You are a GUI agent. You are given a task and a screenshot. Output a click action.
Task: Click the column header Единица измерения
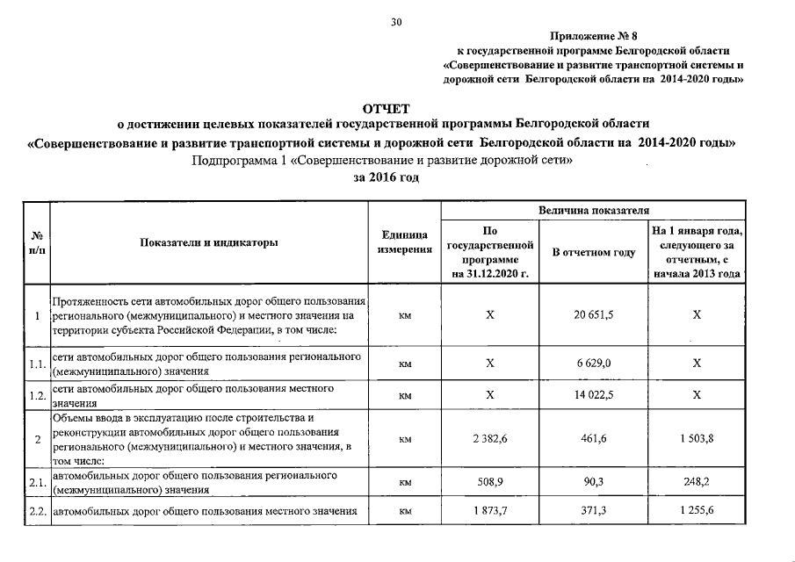405,243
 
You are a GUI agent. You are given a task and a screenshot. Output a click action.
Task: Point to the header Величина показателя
594,211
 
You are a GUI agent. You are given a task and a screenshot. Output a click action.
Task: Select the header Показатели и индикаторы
209,243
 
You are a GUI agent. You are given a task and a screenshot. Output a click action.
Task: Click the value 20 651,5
593,314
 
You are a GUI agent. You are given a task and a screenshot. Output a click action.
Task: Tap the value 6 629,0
593,364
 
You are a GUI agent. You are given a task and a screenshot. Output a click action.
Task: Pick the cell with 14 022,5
593,395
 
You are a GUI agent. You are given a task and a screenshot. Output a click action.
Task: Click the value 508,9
490,482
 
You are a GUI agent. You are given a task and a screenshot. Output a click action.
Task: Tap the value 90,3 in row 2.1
593,482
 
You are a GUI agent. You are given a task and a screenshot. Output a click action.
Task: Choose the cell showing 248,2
697,482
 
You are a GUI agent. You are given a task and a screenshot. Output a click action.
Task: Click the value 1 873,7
490,511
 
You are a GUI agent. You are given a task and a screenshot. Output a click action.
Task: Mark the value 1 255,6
697,511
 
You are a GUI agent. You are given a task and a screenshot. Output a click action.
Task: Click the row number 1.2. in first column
37,396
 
